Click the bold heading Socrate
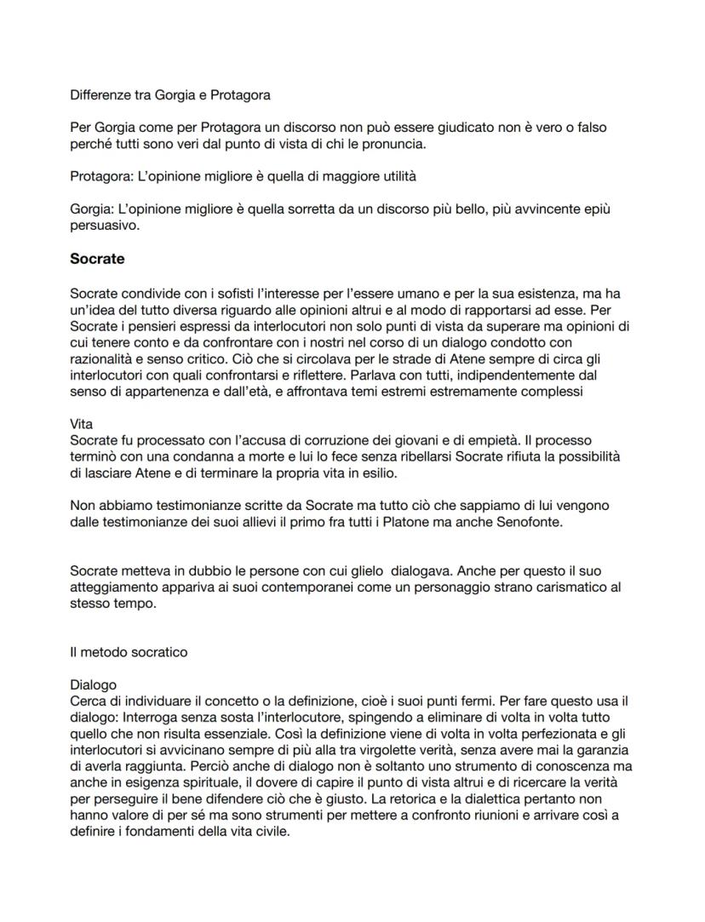(x=98, y=258)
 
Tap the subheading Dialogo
(x=93, y=684)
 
